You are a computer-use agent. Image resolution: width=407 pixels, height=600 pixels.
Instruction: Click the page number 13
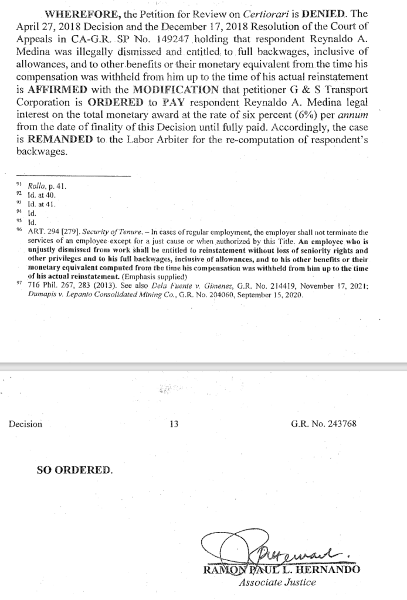174,424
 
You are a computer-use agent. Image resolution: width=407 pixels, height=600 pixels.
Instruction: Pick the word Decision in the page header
25,424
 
